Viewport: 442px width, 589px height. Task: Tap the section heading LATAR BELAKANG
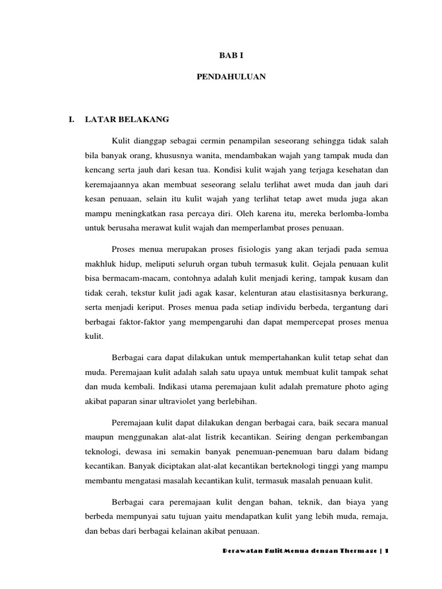pyautogui.click(x=127, y=119)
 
